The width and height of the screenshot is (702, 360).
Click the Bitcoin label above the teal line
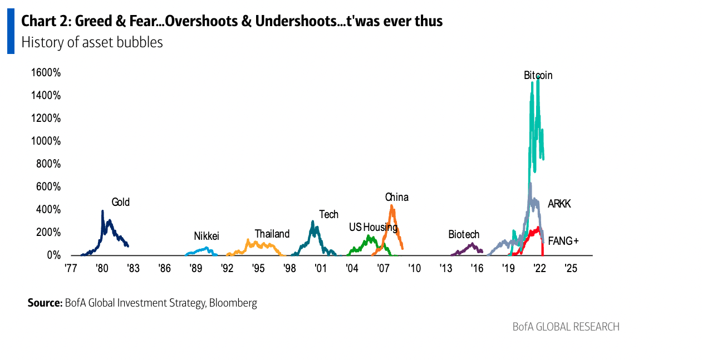[x=538, y=75]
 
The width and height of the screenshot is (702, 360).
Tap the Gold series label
[x=120, y=202]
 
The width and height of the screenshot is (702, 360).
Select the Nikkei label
[x=206, y=236]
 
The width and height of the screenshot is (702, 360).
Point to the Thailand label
[x=272, y=234]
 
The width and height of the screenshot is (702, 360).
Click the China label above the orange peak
[x=396, y=197]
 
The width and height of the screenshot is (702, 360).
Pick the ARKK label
[x=559, y=204]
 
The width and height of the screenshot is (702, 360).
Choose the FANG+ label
[x=563, y=241]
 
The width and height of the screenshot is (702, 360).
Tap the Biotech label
[x=464, y=234]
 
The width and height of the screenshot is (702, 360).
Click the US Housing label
[x=373, y=227]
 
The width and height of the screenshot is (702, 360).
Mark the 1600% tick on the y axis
[x=46, y=73]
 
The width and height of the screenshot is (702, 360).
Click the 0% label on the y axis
[x=53, y=255]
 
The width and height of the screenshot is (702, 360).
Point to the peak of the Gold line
[x=102, y=211]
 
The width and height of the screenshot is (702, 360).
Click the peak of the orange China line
[x=392, y=206]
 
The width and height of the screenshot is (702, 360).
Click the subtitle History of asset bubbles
[x=92, y=42]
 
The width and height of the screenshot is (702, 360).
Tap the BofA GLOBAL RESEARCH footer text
[x=566, y=327]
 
